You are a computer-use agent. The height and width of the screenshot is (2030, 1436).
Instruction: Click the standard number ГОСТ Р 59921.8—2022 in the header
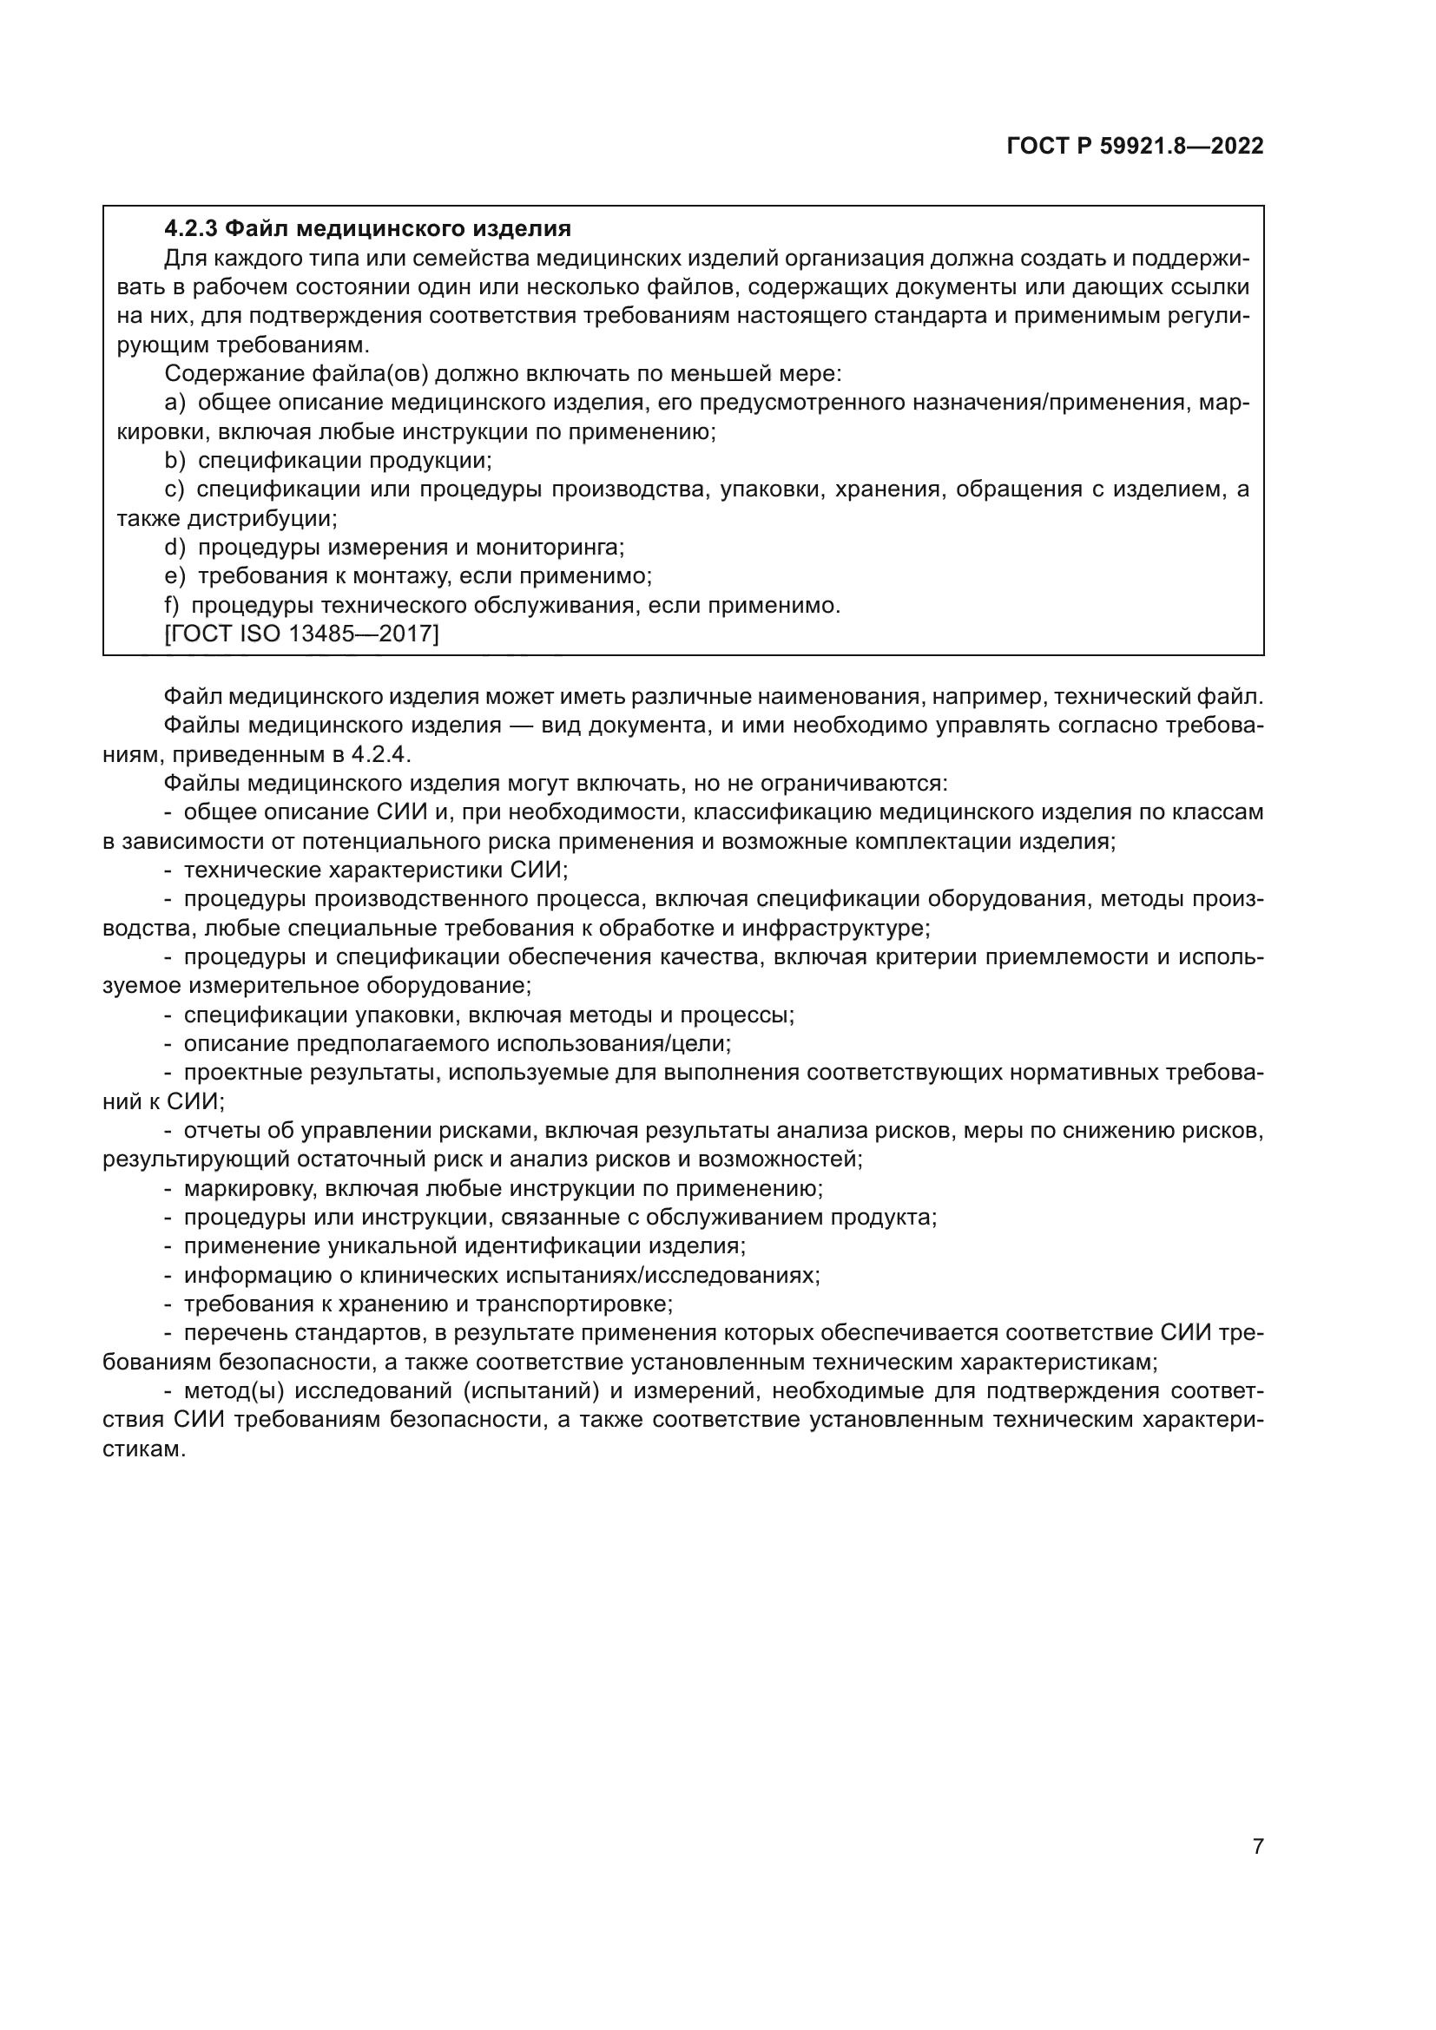[x=1135, y=147]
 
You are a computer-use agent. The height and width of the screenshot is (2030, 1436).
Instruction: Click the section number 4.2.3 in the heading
[x=190, y=229]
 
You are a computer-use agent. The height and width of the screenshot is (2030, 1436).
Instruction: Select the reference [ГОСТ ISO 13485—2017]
[x=300, y=634]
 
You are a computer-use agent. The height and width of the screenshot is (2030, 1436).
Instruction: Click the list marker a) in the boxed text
[x=175, y=404]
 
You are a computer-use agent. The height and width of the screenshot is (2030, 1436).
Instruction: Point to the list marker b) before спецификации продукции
[x=175, y=461]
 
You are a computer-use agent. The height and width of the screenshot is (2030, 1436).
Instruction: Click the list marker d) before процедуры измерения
[x=175, y=548]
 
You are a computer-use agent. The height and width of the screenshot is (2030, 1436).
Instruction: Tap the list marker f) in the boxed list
[x=172, y=606]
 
